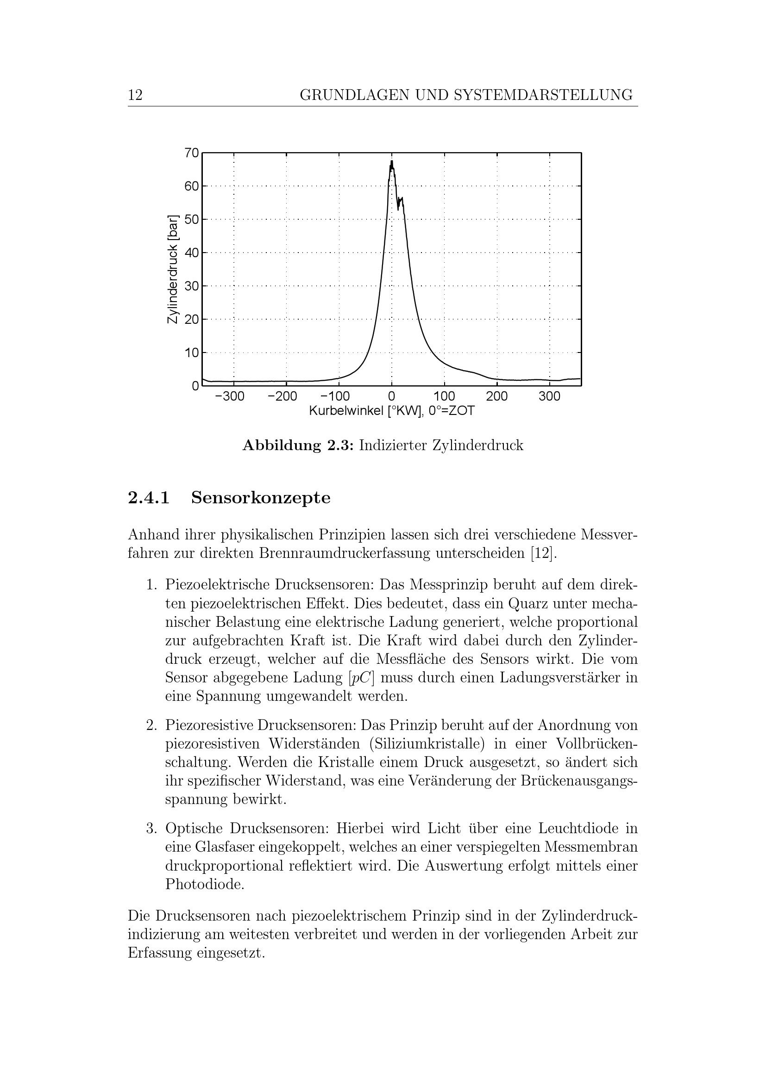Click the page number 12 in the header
pyautogui.click(x=135, y=95)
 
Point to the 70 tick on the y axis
pyautogui.click(x=192, y=153)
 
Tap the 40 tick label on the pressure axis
pyautogui.click(x=192, y=253)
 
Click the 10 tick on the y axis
pyautogui.click(x=192, y=352)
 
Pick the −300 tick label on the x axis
pyautogui.click(x=230, y=396)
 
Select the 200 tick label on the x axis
pyautogui.click(x=496, y=396)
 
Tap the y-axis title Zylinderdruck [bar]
pyautogui.click(x=173, y=269)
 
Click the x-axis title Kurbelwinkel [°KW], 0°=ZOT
pyautogui.click(x=391, y=411)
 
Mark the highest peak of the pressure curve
pyautogui.click(x=391, y=161)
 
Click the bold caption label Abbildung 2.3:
pyautogui.click(x=298, y=445)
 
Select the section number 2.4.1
pyautogui.click(x=149, y=498)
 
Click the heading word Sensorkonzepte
pyautogui.click(x=261, y=498)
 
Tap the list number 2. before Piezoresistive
pyautogui.click(x=151, y=725)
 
